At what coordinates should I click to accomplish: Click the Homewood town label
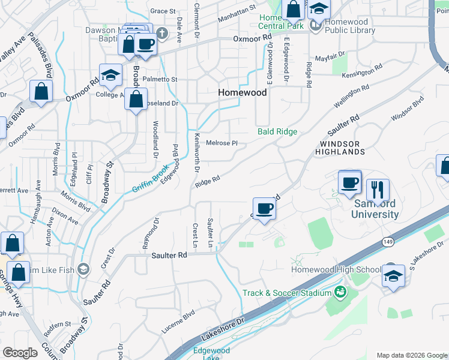tap(243, 92)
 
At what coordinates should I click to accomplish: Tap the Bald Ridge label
tap(277, 131)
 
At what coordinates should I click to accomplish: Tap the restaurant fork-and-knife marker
tap(378, 189)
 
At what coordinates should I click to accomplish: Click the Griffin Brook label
tap(148, 179)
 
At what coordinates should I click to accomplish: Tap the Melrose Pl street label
tap(222, 143)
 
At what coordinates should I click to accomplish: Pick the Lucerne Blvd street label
tap(178, 322)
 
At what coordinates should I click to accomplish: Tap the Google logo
tap(20, 353)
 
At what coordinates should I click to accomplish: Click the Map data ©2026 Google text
tap(411, 355)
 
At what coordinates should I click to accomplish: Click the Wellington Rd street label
tap(351, 96)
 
